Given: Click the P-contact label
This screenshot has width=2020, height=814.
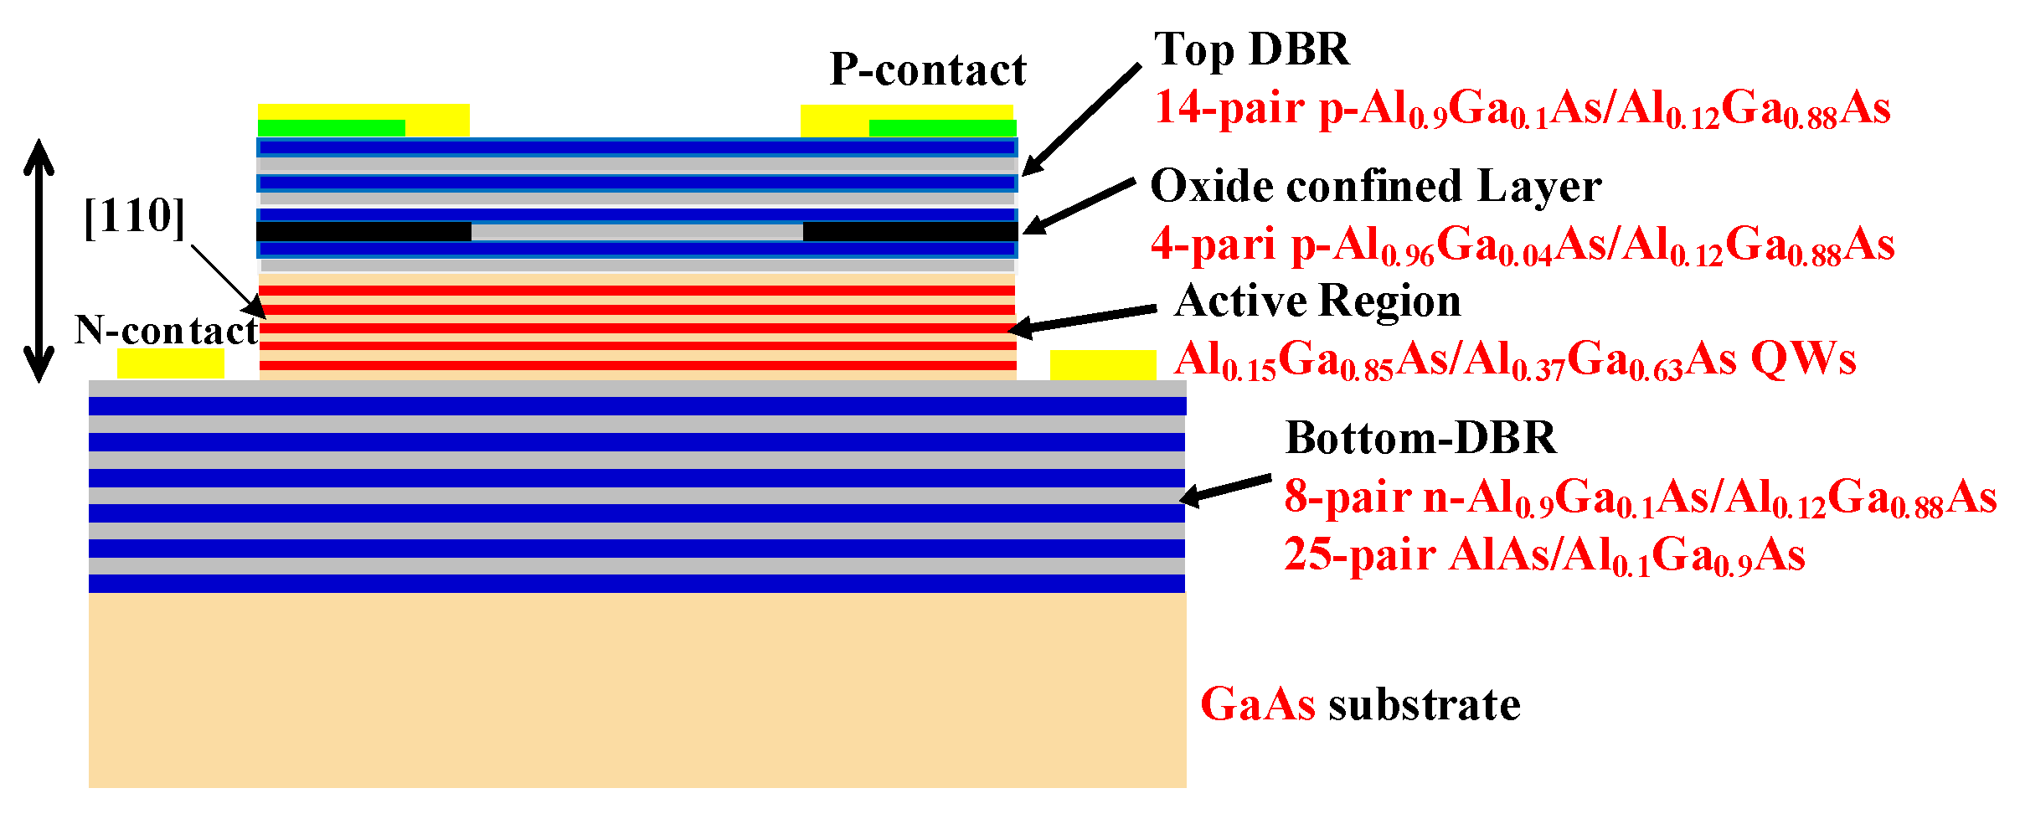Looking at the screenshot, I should point(928,70).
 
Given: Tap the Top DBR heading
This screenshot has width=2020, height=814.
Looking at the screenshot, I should point(1251,50).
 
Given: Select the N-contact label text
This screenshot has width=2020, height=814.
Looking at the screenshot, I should point(166,331).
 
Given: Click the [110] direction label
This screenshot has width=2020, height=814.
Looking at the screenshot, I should point(134,217).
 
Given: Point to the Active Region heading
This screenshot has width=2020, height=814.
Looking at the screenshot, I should point(1317,301).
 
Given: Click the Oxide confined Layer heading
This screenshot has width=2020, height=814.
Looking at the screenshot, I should point(1375,187).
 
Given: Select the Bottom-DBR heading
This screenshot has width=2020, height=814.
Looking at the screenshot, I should point(1420,438).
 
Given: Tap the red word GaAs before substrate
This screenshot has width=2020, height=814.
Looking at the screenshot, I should point(1257,704).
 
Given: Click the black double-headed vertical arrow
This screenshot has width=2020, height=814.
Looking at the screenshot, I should point(39,260).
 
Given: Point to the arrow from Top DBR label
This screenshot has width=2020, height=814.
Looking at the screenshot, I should point(1080,120).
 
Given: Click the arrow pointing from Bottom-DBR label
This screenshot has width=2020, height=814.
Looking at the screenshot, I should point(1225,490).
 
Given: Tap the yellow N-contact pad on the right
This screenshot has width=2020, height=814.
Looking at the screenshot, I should point(1102,365).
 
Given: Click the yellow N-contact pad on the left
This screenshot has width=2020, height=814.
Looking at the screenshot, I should point(170,363).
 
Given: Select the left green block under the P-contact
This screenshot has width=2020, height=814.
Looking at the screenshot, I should point(331,128).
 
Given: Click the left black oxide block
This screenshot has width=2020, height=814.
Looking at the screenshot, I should point(363,231).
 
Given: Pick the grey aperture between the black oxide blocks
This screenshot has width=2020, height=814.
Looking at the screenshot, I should point(636,232).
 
